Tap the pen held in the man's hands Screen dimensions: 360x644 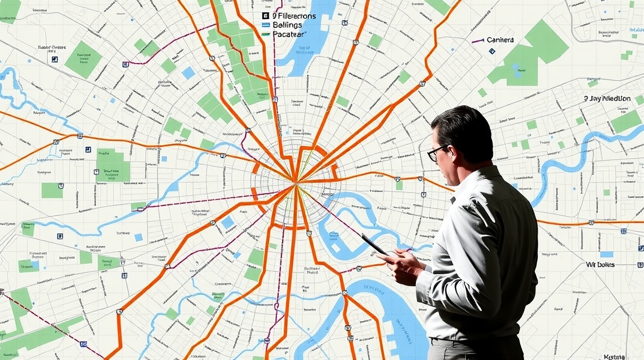click(374, 245)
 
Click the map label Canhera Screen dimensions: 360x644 click(500, 40)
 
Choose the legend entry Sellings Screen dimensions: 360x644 click(287, 25)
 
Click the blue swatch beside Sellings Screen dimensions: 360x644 click(266, 25)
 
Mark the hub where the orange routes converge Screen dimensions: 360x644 click(294, 181)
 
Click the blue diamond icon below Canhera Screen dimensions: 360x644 click(492, 51)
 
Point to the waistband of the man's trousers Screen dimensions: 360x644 click(476, 340)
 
